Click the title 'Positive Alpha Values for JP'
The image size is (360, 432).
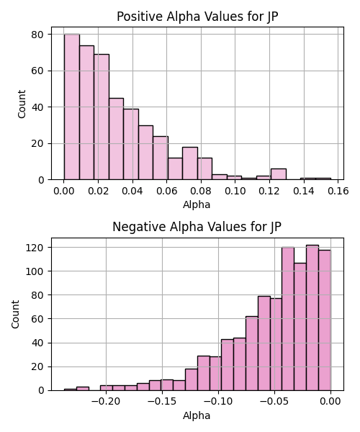click(x=197, y=17)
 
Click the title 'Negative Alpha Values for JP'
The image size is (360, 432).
click(x=197, y=227)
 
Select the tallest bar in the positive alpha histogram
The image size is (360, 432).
click(x=72, y=107)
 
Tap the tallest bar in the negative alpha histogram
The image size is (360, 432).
click(x=312, y=318)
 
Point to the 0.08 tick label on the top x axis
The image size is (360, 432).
click(x=201, y=191)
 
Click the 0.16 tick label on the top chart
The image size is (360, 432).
click(x=338, y=191)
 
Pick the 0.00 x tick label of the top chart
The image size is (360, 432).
click(x=64, y=191)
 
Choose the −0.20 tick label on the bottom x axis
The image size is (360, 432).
click(x=106, y=402)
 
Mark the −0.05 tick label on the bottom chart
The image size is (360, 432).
click(x=274, y=402)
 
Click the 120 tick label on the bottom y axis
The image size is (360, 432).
click(x=35, y=248)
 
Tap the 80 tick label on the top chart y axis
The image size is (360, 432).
click(x=37, y=35)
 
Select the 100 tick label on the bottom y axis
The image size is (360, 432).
click(x=35, y=271)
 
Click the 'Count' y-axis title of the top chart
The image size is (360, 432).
click(x=22, y=104)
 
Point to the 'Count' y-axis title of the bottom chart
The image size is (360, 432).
click(x=15, y=314)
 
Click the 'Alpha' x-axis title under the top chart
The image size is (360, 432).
click(x=197, y=204)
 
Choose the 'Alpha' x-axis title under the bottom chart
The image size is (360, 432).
click(x=197, y=415)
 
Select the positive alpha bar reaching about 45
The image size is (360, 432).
click(x=116, y=139)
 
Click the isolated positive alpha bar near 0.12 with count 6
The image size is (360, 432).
click(x=279, y=174)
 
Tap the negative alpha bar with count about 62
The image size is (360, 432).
click(x=252, y=354)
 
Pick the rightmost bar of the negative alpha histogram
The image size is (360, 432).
click(x=325, y=320)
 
